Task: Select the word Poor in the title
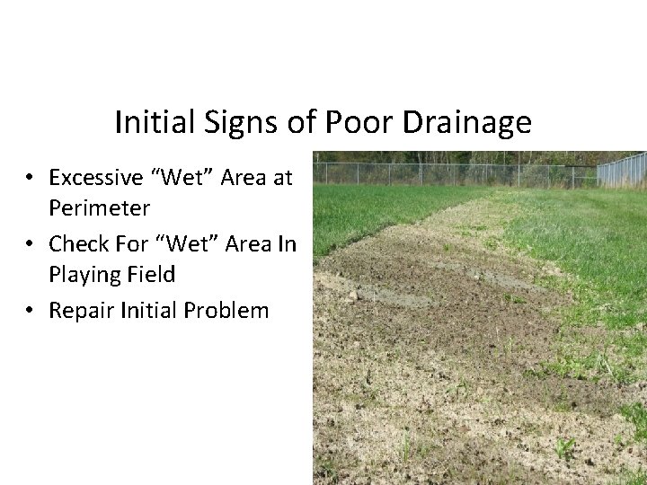tap(368, 122)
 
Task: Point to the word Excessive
tap(97, 177)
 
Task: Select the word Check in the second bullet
tap(77, 243)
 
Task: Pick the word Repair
tap(79, 311)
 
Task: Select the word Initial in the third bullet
tap(146, 311)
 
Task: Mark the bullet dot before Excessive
tap(31, 178)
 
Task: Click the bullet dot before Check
tap(31, 244)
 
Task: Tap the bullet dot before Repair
tap(31, 312)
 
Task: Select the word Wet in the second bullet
tap(187, 243)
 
